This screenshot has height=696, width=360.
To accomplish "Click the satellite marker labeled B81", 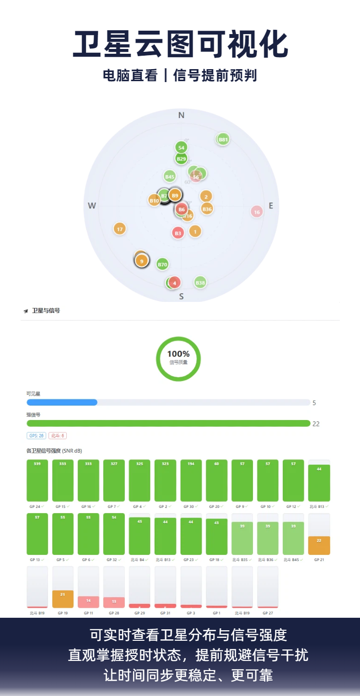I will click(223, 140).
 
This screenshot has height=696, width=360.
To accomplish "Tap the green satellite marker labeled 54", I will click(181, 147).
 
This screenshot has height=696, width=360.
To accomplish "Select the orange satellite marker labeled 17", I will click(120, 229).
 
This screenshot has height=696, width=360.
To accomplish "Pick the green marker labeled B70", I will click(162, 264).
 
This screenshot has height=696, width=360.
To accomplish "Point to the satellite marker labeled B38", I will click(200, 282).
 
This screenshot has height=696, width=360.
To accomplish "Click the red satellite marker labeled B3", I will click(178, 233).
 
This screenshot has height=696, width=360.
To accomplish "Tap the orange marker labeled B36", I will click(207, 209).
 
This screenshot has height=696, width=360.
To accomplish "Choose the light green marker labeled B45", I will click(169, 177).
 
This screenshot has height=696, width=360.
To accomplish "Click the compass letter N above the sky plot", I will click(181, 115).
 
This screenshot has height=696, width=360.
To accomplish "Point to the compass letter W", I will click(92, 206).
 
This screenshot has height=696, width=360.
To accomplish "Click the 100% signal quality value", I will click(178, 354).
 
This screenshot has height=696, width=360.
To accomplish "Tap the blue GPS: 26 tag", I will click(36, 436).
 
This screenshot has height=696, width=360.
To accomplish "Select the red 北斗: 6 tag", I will click(58, 436).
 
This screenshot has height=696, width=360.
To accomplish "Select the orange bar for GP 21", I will click(319, 545).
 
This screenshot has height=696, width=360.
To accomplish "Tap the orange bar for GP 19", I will click(63, 599).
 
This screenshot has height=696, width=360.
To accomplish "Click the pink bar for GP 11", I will click(88, 602).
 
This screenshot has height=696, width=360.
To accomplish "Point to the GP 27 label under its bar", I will click(267, 613).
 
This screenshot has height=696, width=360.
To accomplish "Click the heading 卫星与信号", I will click(46, 311).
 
